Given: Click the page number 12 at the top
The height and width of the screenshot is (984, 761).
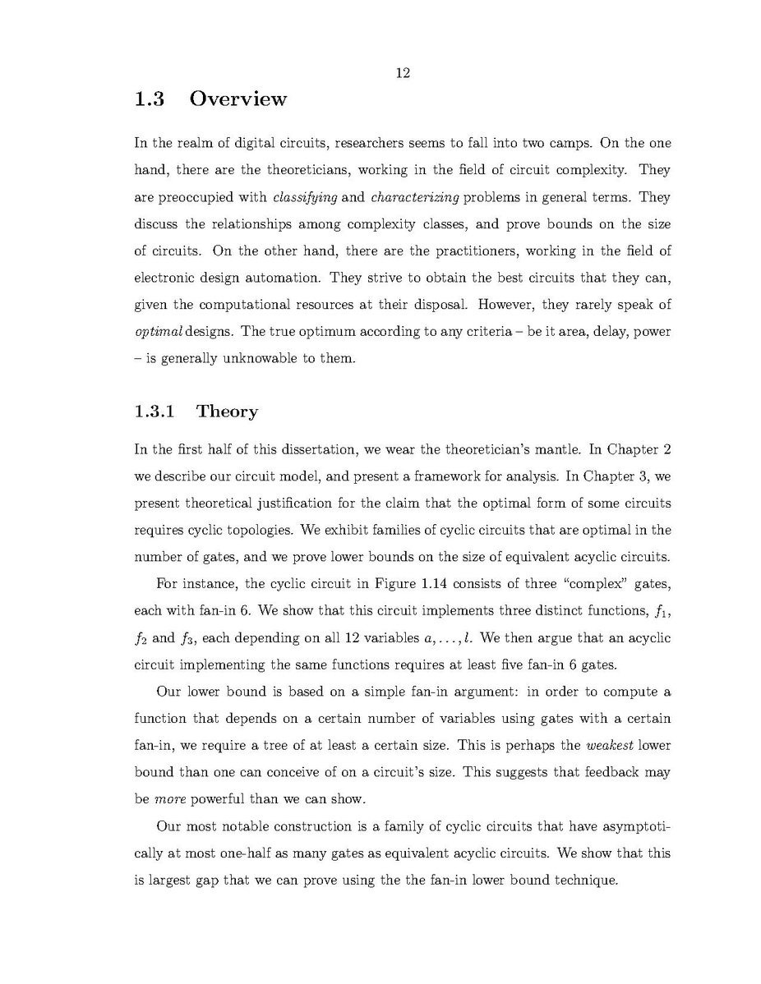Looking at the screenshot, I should [403, 73].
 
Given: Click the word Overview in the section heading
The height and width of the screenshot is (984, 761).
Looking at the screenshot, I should [238, 99].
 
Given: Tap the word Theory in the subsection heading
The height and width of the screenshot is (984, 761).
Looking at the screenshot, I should [227, 412].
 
